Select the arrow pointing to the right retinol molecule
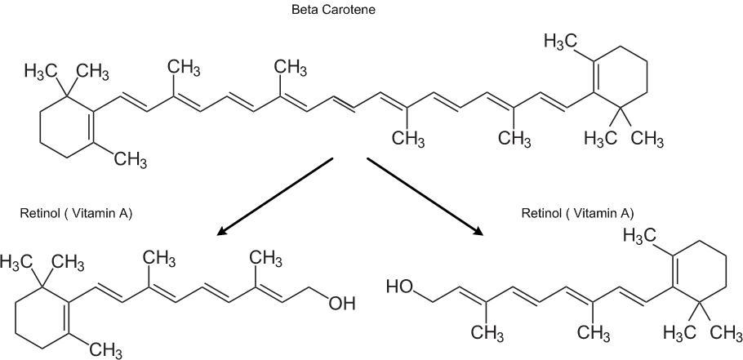[x=425, y=196]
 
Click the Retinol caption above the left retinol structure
[x=75, y=214]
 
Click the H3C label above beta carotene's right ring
[x=562, y=40]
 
